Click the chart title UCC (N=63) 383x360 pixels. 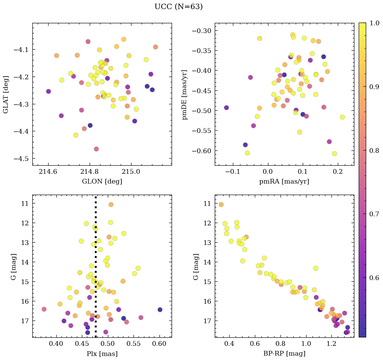coord(179,7)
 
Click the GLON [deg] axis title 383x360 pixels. coord(102,182)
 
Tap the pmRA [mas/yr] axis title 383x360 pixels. coord(284,182)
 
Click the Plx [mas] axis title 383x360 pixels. coord(102,354)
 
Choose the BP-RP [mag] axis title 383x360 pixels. coord(284,354)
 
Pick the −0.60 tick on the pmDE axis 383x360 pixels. coord(203,150)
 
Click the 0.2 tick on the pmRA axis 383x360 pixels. coord(337,172)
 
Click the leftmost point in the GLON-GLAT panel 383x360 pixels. coord(49,91)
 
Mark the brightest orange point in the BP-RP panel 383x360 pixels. coord(221,204)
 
